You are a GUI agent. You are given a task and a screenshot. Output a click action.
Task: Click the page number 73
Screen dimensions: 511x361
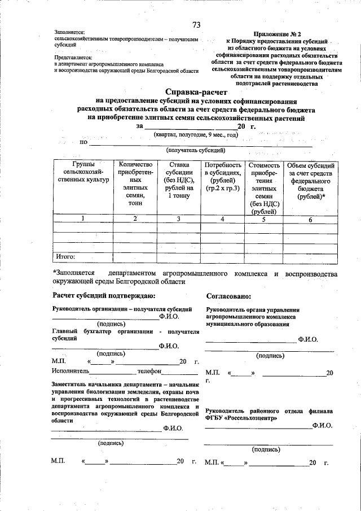click(x=196, y=24)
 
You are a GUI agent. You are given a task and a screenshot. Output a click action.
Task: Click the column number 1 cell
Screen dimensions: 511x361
click(x=83, y=219)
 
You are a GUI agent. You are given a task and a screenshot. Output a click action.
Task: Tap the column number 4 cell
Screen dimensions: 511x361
click(x=223, y=219)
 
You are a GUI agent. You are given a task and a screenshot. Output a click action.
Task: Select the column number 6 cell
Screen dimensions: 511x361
click(x=310, y=220)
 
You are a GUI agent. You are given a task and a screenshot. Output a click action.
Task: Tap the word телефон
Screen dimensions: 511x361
click(x=149, y=371)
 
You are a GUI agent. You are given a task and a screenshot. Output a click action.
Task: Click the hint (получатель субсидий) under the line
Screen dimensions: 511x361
click(x=196, y=150)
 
